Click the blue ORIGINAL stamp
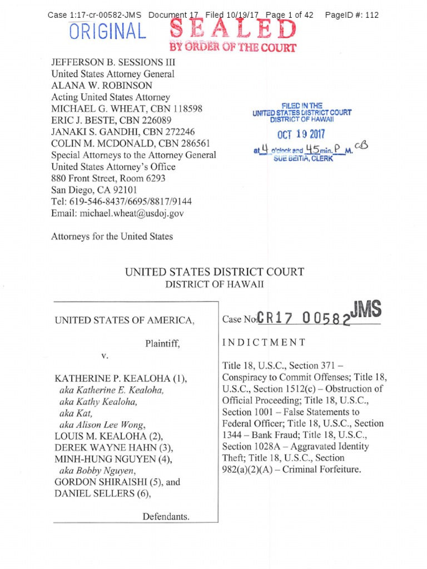pyautogui.click(x=108, y=32)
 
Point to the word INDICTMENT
pyautogui.click(x=264, y=342)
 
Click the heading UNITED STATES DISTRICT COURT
pyautogui.click(x=214, y=272)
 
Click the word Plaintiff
pyautogui.click(x=162, y=344)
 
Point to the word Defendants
pyautogui.click(x=166, y=516)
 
